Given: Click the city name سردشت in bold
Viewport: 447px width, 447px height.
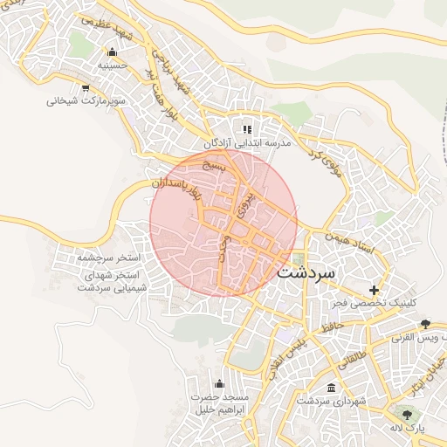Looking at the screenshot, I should click(x=306, y=272).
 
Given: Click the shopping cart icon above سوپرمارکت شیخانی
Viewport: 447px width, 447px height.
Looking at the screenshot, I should click(x=85, y=87).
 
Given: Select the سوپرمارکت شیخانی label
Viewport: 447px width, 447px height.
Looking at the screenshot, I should click(x=80, y=100).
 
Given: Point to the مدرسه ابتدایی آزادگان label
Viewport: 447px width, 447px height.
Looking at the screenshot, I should click(x=247, y=142).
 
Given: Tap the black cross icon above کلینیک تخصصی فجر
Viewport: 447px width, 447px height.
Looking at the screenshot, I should click(x=375, y=290).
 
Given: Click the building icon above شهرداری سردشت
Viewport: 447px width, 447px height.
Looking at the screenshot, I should click(x=329, y=387).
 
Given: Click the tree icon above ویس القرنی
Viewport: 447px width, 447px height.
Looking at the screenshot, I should click(x=425, y=324).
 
